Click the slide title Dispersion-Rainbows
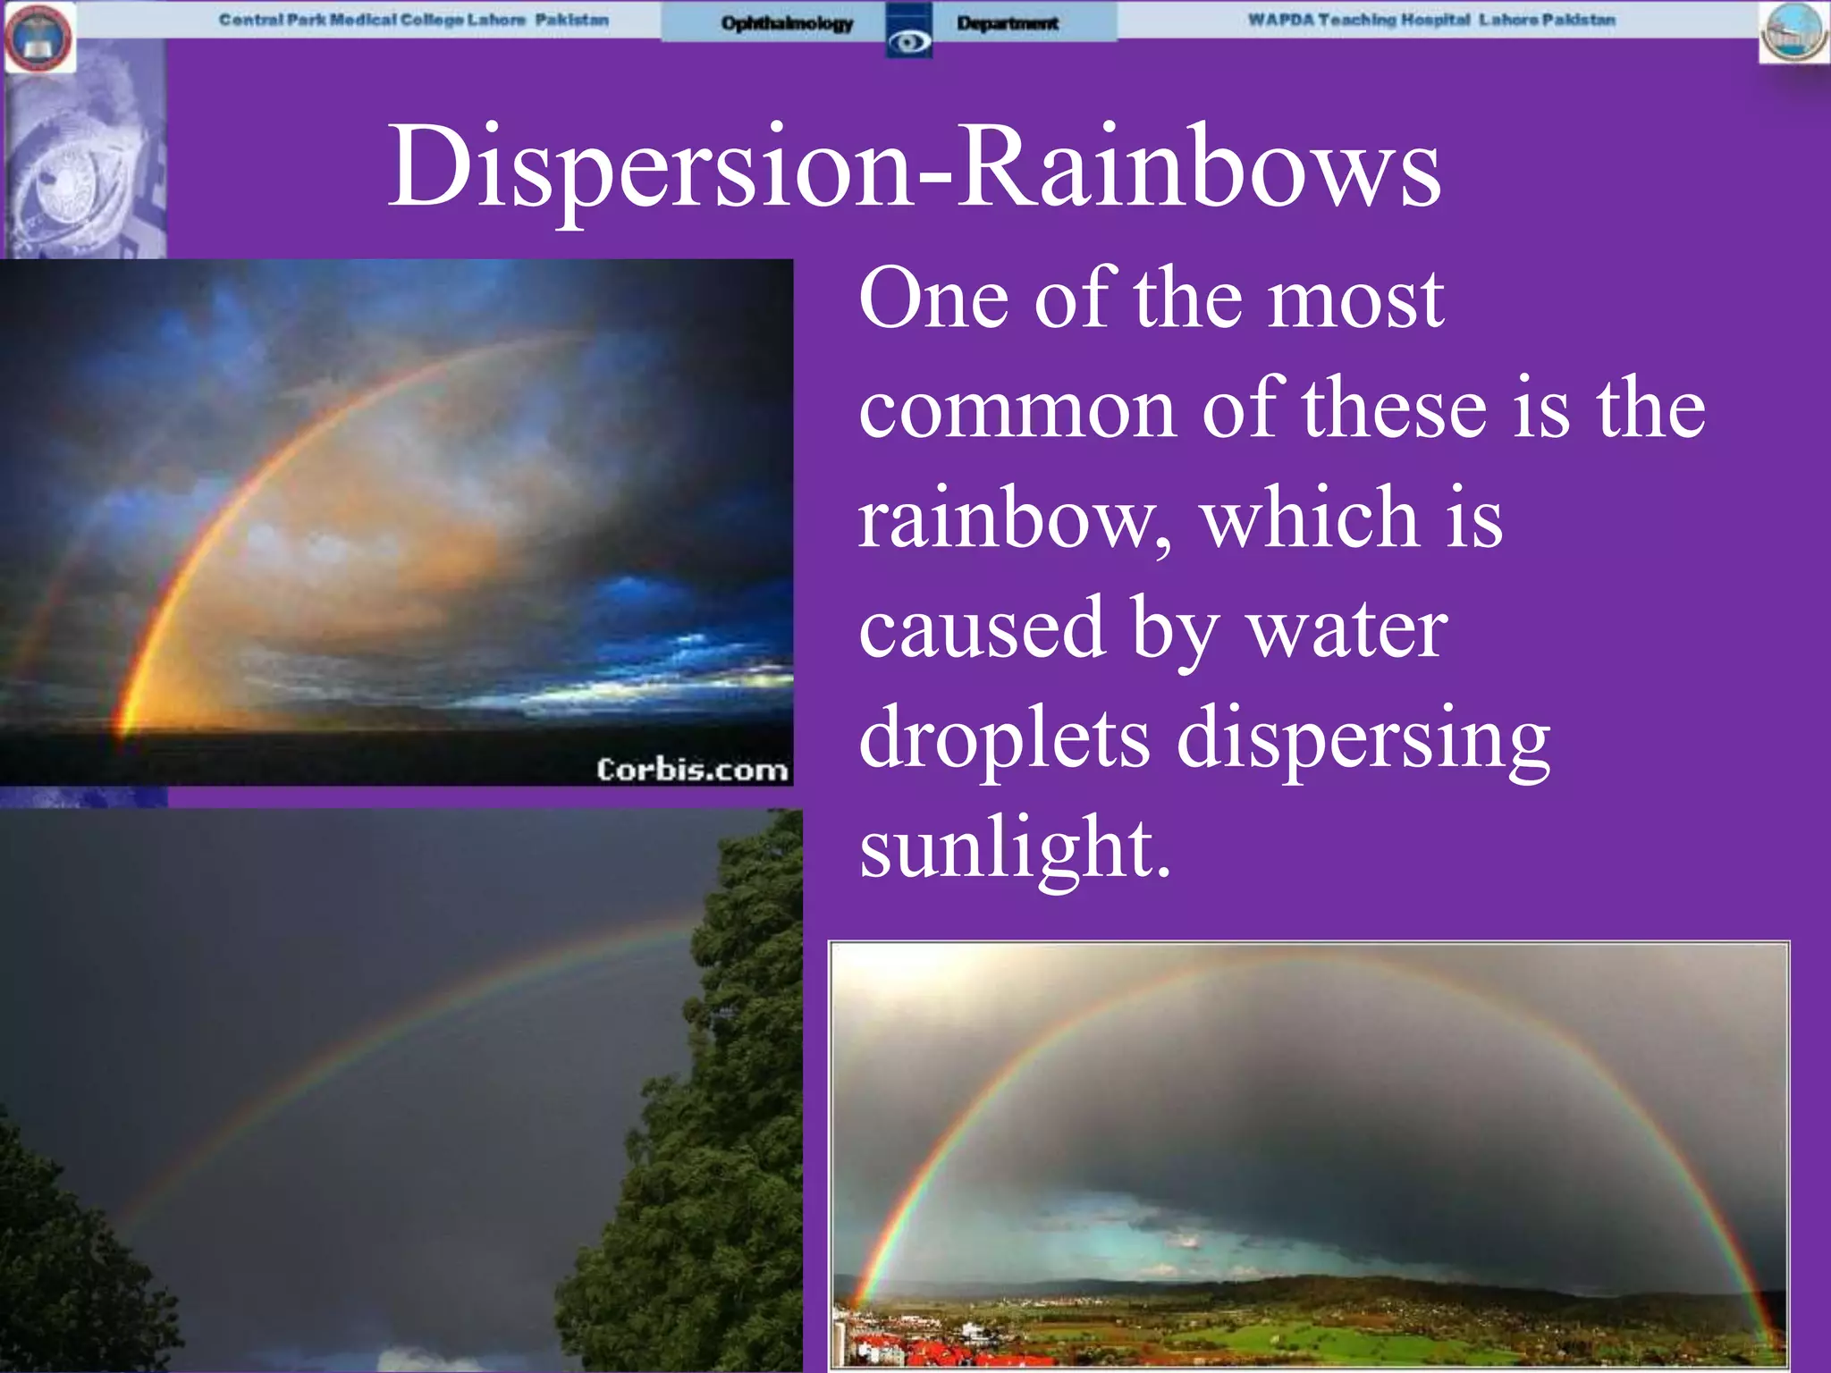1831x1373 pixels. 914,168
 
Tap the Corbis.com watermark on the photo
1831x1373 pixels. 692,770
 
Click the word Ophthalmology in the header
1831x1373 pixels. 787,23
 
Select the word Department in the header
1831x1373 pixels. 1008,23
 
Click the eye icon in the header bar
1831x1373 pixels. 909,40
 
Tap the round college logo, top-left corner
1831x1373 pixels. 38,38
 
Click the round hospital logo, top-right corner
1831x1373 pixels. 1793,34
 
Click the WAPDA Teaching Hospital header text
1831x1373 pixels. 1431,20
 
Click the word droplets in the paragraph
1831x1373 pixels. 1004,738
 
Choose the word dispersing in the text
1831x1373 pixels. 1363,738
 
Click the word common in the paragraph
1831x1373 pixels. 1017,409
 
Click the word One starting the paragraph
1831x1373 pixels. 934,299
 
